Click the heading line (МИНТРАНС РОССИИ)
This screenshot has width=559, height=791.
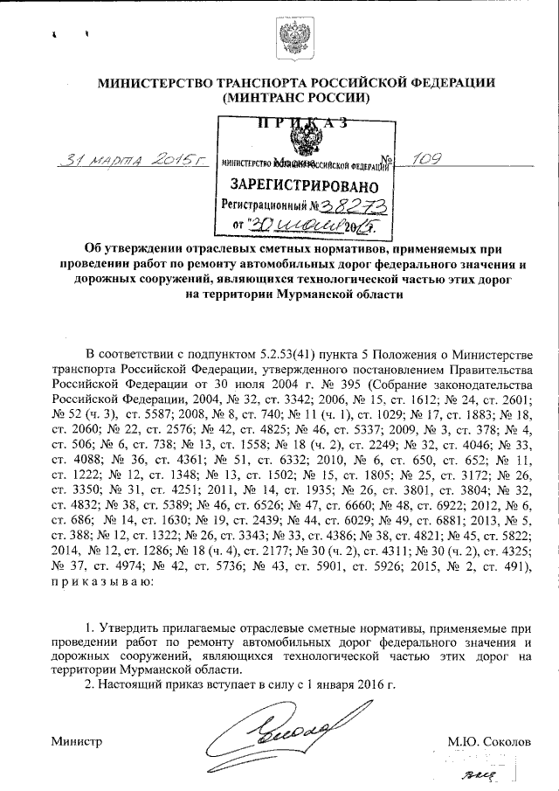(297, 99)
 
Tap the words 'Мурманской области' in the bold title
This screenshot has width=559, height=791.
(349, 295)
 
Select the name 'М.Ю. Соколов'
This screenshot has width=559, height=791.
(489, 741)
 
